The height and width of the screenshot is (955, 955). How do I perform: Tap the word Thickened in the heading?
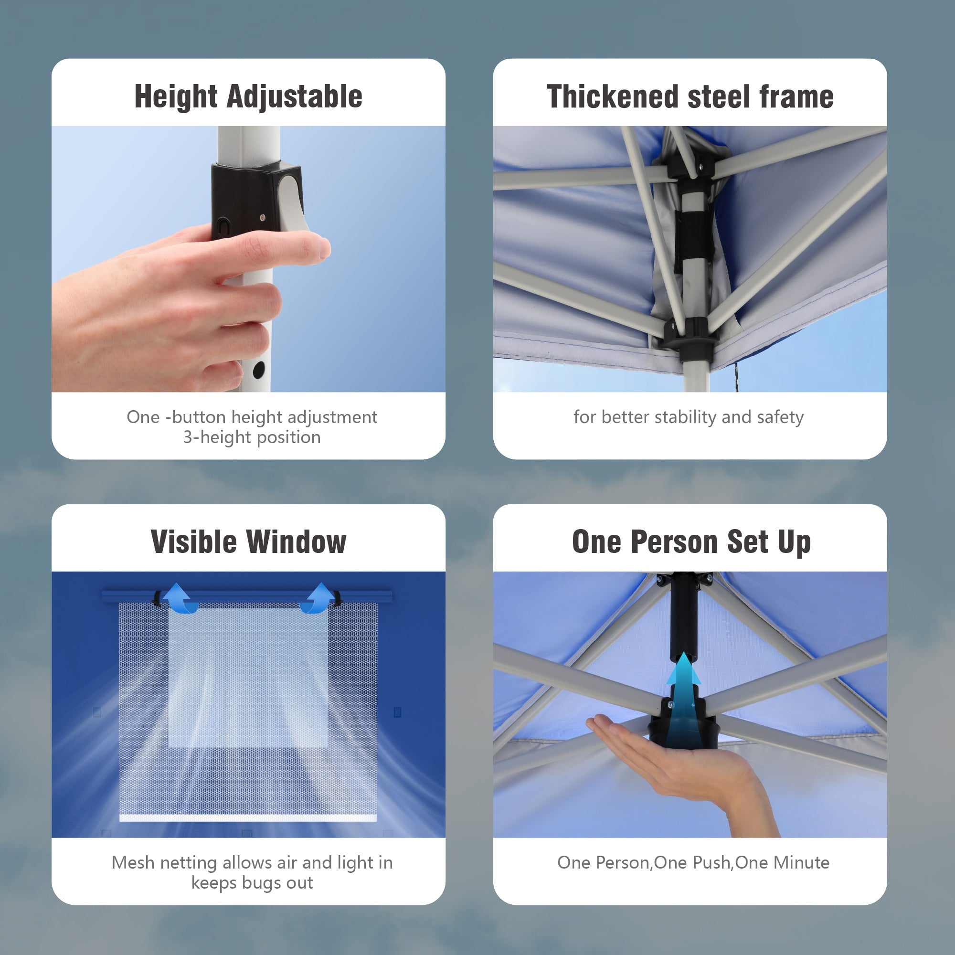(x=613, y=96)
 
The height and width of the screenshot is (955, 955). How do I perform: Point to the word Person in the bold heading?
(x=675, y=542)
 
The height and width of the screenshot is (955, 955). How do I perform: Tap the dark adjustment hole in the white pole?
(x=258, y=369)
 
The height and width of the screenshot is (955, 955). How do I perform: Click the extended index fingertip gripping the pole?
(x=319, y=247)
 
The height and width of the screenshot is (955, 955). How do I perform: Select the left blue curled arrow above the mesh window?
(x=180, y=599)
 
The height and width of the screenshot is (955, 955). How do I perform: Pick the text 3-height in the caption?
(x=217, y=437)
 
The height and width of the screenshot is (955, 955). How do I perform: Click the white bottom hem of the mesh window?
(x=248, y=818)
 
